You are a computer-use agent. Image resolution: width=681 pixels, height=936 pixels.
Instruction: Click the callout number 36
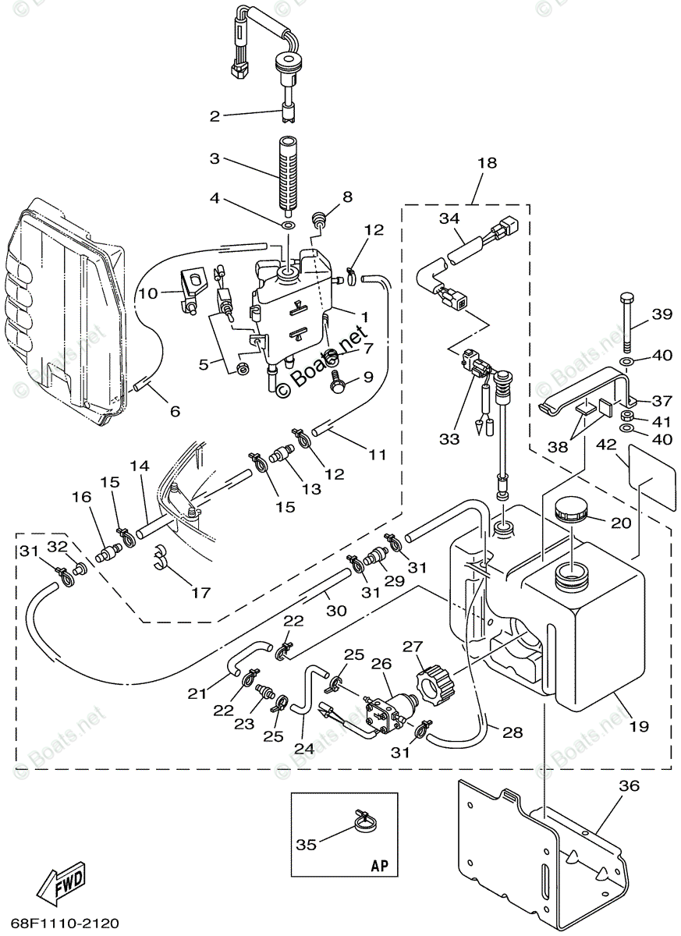pos(629,785)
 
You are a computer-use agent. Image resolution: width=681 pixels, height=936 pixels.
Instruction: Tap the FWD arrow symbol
pos(60,881)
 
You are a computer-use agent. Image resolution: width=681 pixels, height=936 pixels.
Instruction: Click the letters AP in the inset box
pos(379,866)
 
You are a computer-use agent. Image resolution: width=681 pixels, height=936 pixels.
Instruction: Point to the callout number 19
pos(639,726)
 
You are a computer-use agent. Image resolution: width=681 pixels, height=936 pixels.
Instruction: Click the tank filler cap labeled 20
pos(571,512)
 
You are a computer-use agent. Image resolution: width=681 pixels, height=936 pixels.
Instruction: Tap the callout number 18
pos(487,163)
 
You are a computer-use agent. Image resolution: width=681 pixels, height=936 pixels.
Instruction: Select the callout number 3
pos(215,158)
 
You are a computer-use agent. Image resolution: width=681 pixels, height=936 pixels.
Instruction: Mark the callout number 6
pos(174,410)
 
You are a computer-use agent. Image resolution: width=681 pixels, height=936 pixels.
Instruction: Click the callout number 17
pos(200,593)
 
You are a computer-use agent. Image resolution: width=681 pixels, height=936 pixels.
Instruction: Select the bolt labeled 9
pos(339,381)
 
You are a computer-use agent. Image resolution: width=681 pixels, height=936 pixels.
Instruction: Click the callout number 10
pos(149,293)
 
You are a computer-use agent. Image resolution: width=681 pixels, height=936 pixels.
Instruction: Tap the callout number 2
pos(215,116)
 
